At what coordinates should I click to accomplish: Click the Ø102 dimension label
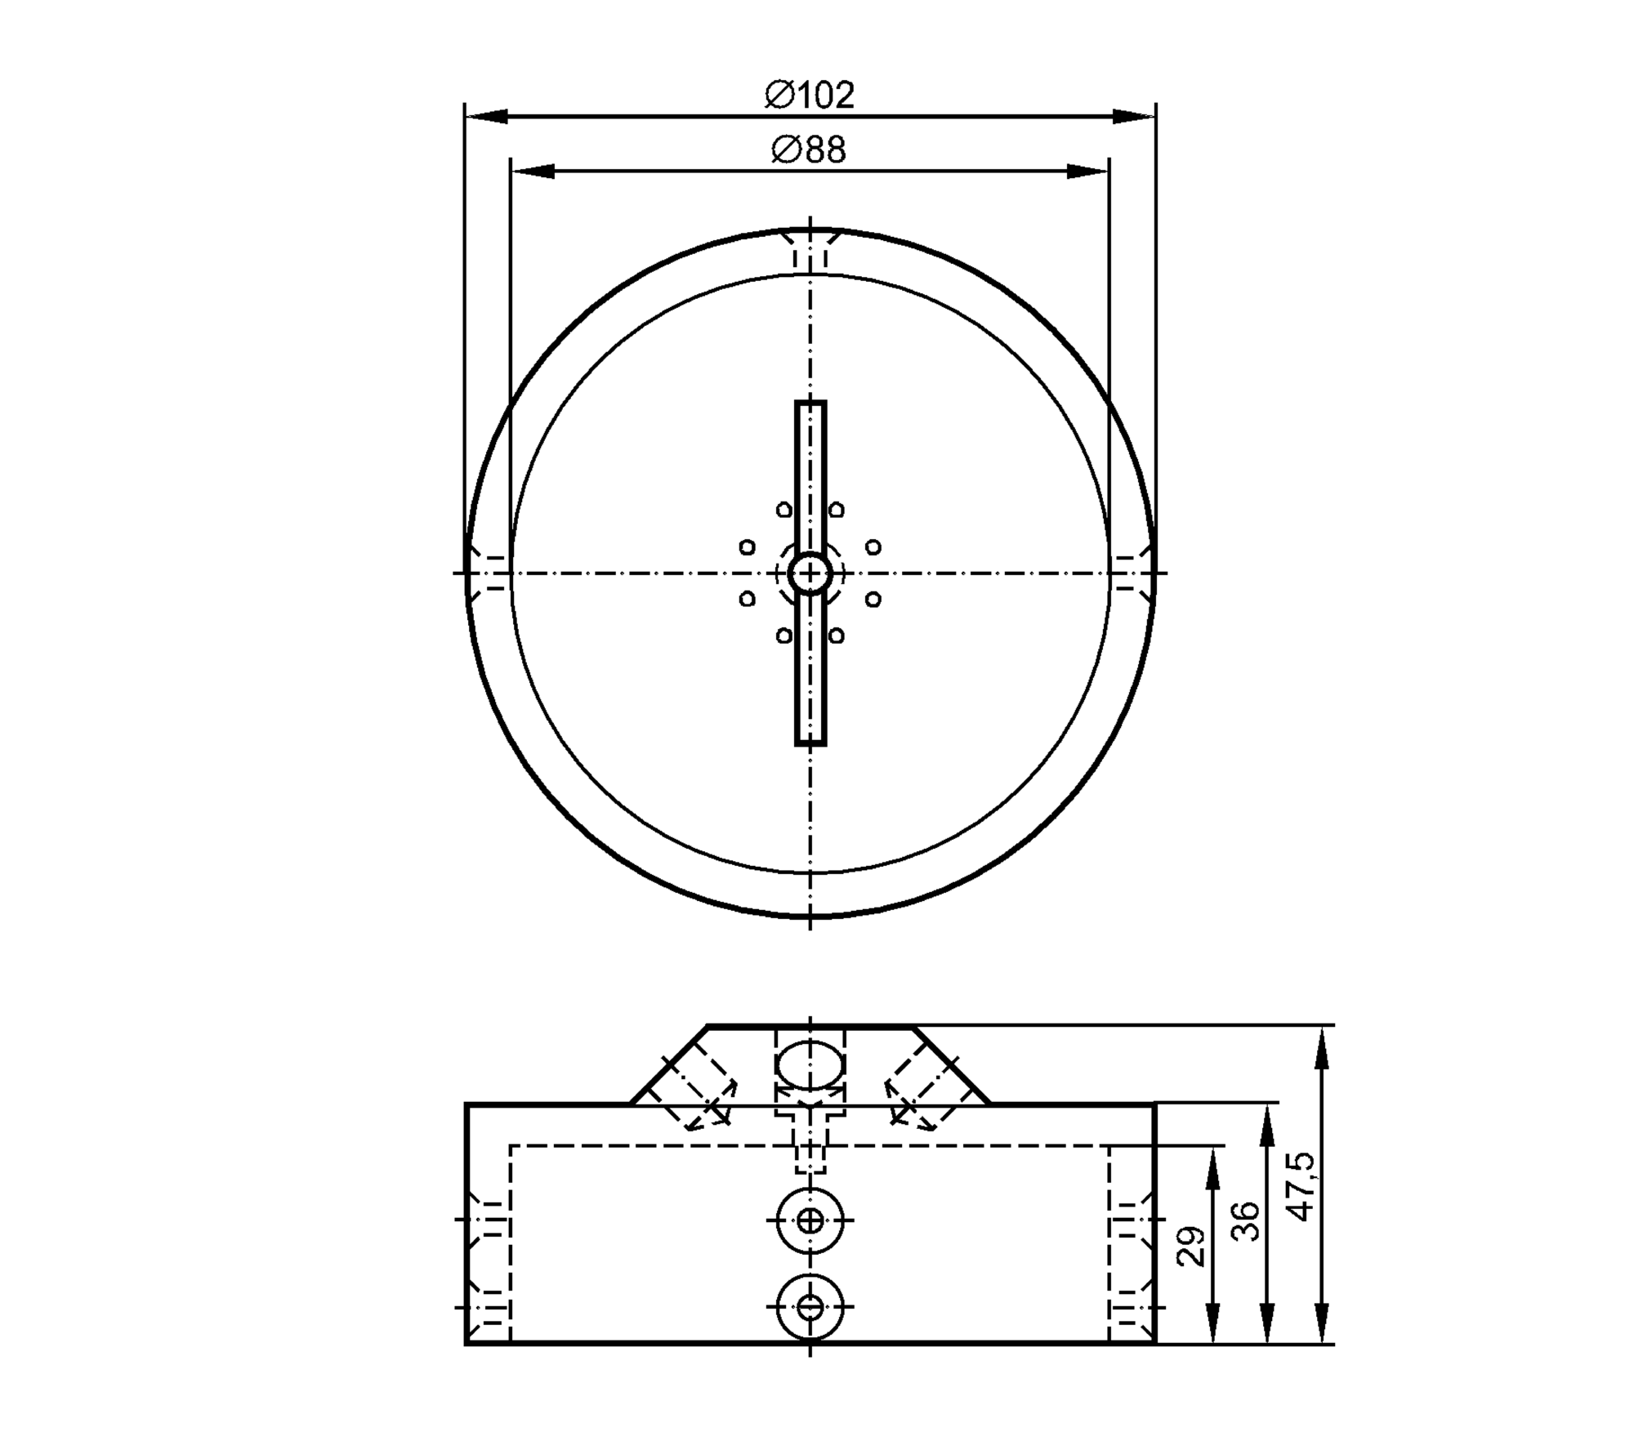(x=810, y=95)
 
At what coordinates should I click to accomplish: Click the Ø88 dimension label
(x=809, y=150)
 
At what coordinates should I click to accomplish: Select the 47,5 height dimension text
(x=1302, y=1186)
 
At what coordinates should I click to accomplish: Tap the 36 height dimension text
(x=1247, y=1220)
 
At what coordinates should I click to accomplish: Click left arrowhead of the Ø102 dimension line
(x=485, y=118)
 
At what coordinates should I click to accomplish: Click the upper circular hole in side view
(x=810, y=1221)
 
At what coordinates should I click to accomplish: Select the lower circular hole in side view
(x=810, y=1307)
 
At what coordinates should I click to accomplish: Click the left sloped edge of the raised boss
(x=668, y=1064)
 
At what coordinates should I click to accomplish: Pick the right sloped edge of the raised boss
(x=953, y=1064)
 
